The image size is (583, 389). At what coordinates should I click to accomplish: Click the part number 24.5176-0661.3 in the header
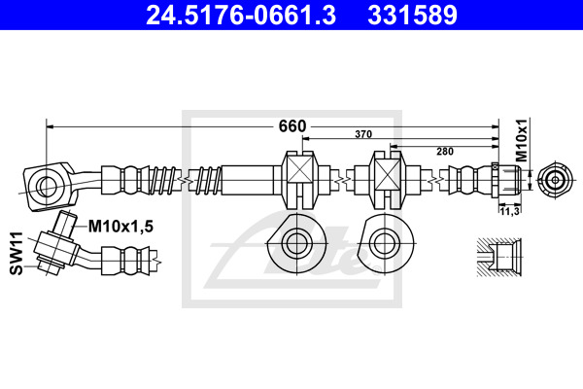pos(241,16)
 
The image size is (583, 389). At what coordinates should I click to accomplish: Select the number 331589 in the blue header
pos(412,16)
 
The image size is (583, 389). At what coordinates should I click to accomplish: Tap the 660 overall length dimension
pos(292,126)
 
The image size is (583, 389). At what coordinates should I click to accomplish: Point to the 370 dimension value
pos(363,134)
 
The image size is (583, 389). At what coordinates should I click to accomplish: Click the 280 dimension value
pos(445,152)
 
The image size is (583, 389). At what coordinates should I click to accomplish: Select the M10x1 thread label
pos(522,140)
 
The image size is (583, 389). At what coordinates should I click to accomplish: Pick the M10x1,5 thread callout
pos(120,227)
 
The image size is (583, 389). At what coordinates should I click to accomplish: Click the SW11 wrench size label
pos(17,253)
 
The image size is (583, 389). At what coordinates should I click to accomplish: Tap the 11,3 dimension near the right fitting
pos(509,211)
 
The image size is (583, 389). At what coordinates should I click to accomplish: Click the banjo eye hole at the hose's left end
pos(47,186)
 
